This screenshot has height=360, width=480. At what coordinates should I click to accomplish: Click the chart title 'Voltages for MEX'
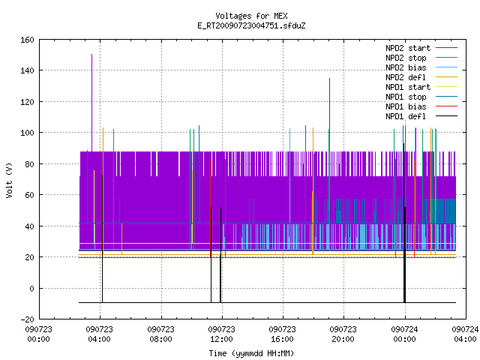(251, 16)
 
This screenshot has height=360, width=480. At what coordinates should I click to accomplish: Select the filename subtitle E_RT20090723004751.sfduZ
(251, 25)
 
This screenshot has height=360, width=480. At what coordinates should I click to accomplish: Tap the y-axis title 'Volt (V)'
(9, 180)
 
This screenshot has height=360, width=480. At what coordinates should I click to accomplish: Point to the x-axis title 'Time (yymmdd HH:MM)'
(251, 353)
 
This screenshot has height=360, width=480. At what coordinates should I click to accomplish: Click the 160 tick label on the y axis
(27, 40)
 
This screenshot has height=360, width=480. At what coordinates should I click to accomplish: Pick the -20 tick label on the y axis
(27, 319)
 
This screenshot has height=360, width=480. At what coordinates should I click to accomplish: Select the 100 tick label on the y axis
(27, 133)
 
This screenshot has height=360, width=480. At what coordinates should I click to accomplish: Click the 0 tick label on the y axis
(31, 288)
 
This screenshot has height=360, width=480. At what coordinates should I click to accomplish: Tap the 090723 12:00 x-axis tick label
(221, 334)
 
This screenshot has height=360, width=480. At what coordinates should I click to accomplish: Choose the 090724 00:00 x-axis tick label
(404, 334)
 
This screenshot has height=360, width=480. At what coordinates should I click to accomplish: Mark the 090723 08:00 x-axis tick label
(160, 334)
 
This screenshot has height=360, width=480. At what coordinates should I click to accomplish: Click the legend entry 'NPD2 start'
(421, 48)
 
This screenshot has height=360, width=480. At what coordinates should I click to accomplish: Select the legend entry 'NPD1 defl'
(421, 116)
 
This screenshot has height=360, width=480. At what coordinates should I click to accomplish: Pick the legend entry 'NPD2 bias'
(421, 67)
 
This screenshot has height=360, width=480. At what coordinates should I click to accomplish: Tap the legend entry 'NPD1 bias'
(421, 106)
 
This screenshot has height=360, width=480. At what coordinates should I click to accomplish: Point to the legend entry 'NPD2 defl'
(421, 77)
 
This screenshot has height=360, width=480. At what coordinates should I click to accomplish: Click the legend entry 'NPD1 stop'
(421, 97)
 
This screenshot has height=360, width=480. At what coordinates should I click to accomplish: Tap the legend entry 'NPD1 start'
(421, 87)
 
